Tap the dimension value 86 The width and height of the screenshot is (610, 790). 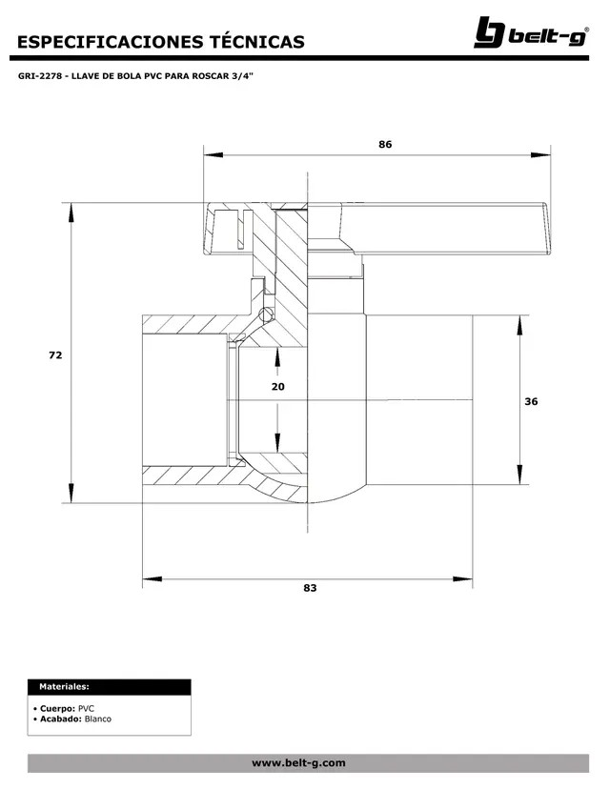(x=385, y=145)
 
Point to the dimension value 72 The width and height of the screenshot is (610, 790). (x=55, y=354)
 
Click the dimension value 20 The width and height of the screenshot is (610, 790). (x=277, y=387)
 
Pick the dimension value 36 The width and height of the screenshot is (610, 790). (x=531, y=401)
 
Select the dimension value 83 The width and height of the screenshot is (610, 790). (x=310, y=589)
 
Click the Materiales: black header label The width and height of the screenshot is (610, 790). (x=65, y=686)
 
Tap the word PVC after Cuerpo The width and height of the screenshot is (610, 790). (x=86, y=709)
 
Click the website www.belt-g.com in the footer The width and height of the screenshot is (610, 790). (x=298, y=763)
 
